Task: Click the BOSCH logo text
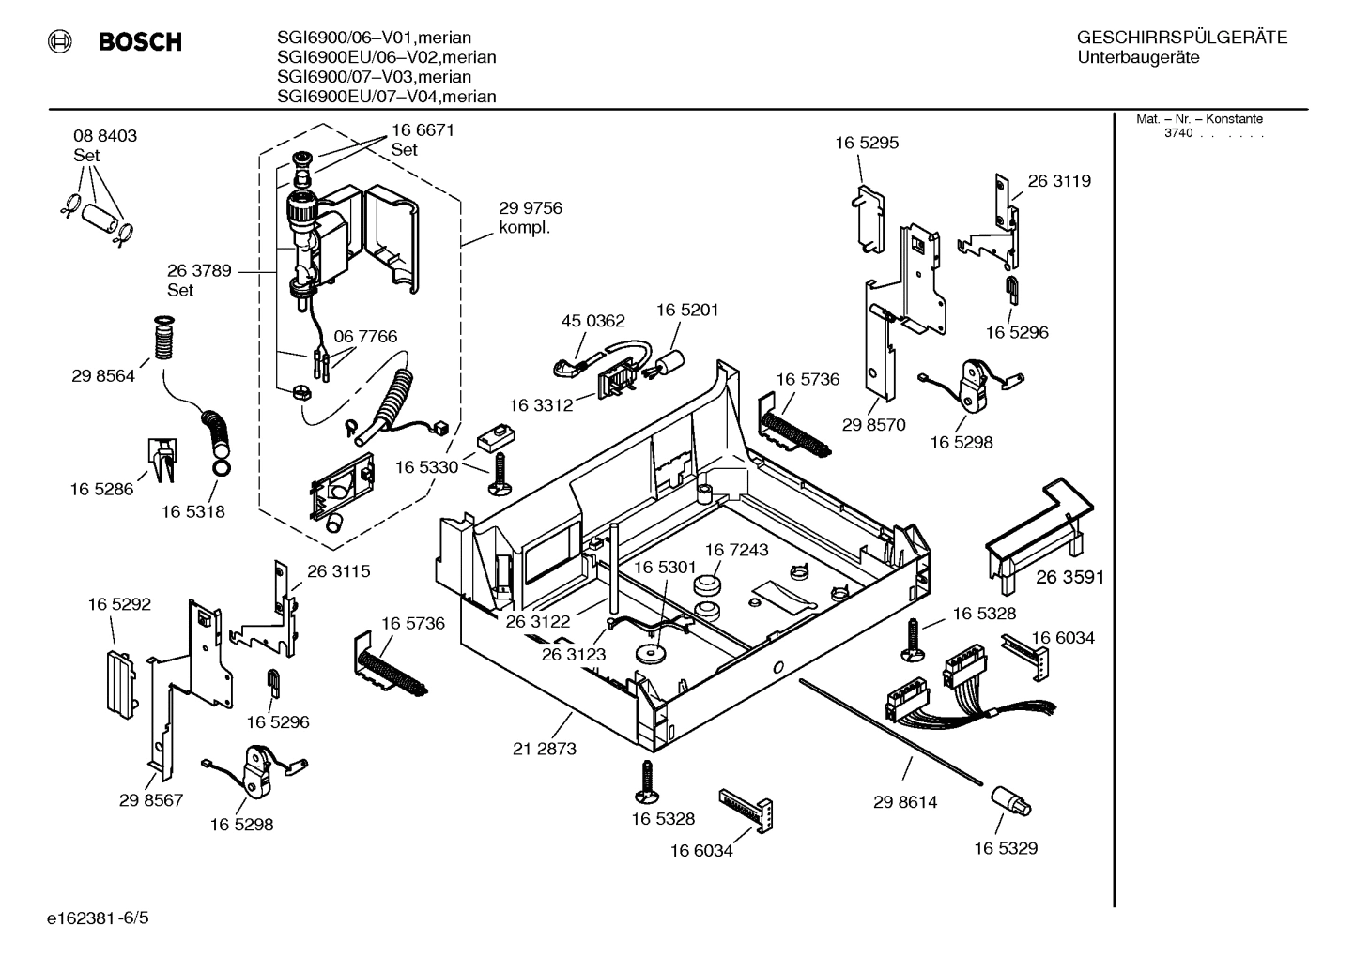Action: click(x=139, y=42)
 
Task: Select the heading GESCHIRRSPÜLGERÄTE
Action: click(x=1181, y=38)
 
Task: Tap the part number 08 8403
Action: click(x=105, y=136)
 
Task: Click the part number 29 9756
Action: click(x=531, y=208)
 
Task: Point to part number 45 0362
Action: click(x=592, y=321)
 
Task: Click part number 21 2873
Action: click(x=545, y=749)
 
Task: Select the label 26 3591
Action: click(x=1069, y=577)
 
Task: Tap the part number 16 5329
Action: click(x=1005, y=848)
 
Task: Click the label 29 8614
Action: click(x=904, y=802)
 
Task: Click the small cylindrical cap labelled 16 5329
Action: click(x=1010, y=801)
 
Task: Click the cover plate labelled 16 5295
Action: click(x=869, y=219)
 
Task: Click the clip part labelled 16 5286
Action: click(x=161, y=460)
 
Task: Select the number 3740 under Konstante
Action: click(x=1177, y=133)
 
